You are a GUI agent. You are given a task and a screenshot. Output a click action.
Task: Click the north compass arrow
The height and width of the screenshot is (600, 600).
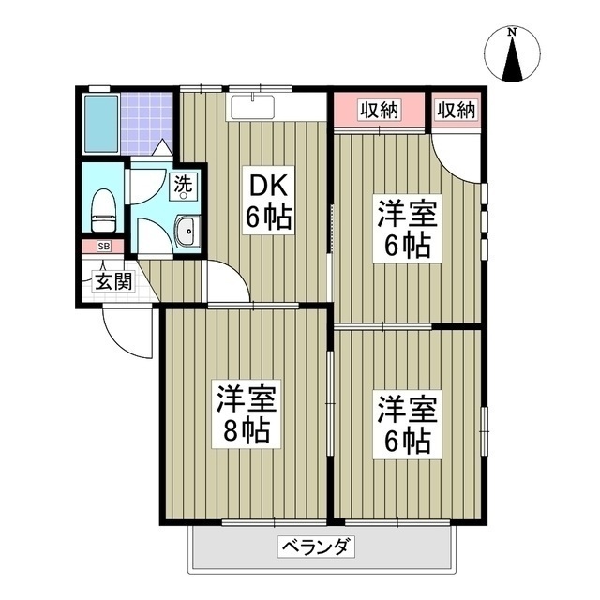pos(512,60)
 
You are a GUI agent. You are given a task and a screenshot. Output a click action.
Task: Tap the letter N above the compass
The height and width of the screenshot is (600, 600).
pos(512,32)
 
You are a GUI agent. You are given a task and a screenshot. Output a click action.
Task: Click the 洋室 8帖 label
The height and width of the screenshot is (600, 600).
pos(246,414)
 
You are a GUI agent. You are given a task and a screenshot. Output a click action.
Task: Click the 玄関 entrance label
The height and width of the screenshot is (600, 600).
pos(112,279)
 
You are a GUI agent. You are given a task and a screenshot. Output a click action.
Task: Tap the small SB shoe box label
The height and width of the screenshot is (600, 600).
pos(104,246)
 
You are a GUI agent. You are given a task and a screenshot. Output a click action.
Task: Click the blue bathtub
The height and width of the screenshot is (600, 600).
pos(100,124)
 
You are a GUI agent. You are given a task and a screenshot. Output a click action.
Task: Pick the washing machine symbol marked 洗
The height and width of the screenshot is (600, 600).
pos(185,185)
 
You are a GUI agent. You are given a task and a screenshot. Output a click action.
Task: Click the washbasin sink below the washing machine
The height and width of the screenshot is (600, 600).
pos(187,232)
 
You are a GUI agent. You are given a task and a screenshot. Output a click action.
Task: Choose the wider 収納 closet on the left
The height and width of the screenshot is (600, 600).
pos(380,111)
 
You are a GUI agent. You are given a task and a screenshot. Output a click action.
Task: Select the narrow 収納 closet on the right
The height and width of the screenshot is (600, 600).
pos(456,111)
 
